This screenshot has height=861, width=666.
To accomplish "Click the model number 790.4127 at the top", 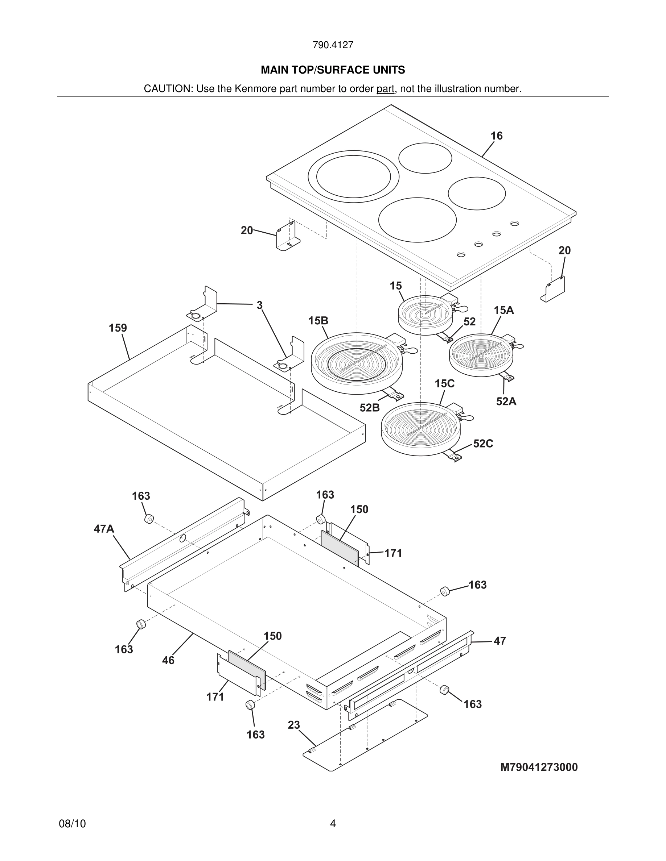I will click(333, 45).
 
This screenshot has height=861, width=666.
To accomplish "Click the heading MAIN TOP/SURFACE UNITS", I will click(333, 70).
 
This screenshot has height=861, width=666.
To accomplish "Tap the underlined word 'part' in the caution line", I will click(385, 89).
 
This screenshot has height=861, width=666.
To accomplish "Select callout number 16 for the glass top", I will click(496, 136).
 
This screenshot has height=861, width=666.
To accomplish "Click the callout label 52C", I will click(483, 444).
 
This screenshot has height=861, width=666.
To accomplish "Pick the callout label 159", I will click(118, 328).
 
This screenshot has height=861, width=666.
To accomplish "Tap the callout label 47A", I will click(104, 529).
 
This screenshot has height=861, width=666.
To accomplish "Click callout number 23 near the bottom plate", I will click(293, 725).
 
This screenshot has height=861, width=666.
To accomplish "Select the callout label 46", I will click(168, 660).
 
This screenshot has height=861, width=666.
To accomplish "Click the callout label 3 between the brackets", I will click(259, 305).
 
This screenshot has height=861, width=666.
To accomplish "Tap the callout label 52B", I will click(369, 408).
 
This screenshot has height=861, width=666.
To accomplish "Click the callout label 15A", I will click(504, 310).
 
